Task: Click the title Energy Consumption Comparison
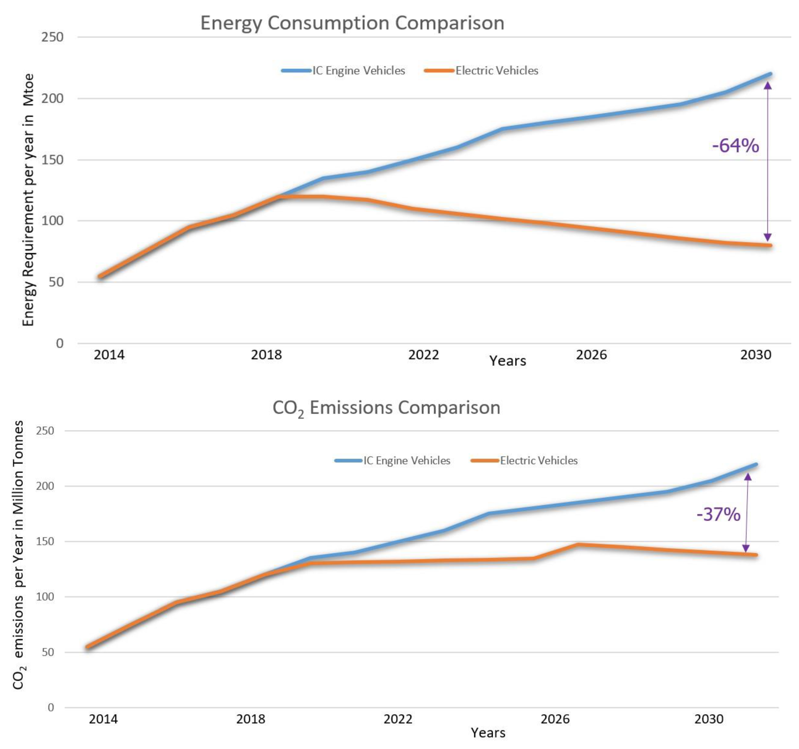click(352, 23)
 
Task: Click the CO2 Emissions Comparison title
click(386, 408)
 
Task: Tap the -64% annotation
click(735, 145)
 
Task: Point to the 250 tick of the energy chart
click(52, 37)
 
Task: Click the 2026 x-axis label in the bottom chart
click(555, 719)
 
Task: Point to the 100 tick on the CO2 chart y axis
click(45, 597)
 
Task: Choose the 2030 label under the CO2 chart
click(709, 719)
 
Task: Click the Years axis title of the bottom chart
click(488, 733)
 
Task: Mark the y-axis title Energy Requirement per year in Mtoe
click(28, 200)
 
